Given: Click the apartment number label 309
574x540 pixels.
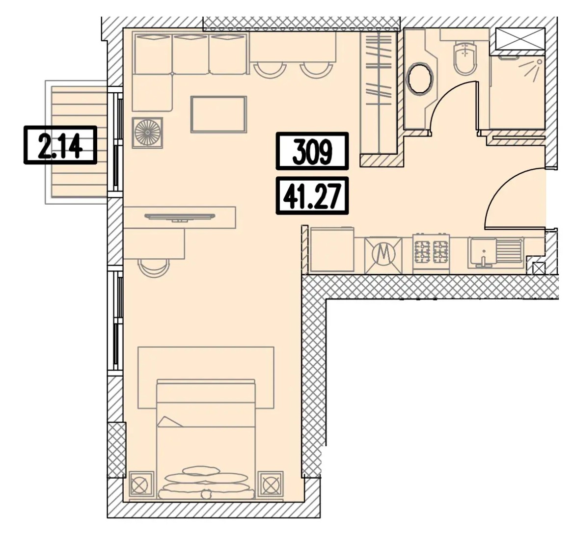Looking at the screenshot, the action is click(x=312, y=151).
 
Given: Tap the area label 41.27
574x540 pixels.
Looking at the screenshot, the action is click(x=312, y=196).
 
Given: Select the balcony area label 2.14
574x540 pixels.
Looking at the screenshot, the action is click(x=60, y=145).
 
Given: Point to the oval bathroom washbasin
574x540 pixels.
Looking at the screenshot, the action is click(x=421, y=79).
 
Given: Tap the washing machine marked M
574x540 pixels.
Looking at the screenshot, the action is click(x=383, y=255).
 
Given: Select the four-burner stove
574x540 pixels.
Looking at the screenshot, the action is click(x=431, y=252).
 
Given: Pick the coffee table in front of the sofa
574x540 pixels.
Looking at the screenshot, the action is click(x=219, y=114).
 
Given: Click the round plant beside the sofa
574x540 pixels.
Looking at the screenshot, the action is click(x=147, y=133).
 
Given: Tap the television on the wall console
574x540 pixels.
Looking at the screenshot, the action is click(x=180, y=217).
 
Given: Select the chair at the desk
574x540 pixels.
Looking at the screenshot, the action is click(x=155, y=268).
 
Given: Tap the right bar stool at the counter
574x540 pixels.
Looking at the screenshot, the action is click(x=316, y=70).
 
